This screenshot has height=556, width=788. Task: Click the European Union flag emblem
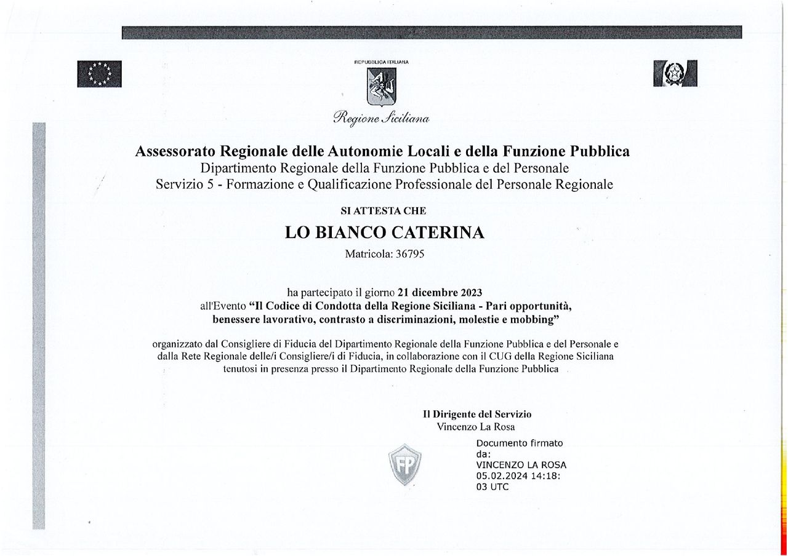(x=99, y=73)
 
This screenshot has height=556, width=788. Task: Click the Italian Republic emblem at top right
(x=675, y=73)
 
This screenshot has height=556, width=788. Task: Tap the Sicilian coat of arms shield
(x=382, y=86)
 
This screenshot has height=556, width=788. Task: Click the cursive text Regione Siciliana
(x=381, y=117)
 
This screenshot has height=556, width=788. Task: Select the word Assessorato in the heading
(x=175, y=151)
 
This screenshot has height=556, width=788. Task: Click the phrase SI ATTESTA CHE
(x=383, y=211)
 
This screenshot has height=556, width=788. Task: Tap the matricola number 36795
(x=410, y=253)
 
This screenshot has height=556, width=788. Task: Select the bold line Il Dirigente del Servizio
(x=477, y=415)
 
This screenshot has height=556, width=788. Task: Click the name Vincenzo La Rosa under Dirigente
(x=476, y=427)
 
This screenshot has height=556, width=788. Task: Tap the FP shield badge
(x=404, y=464)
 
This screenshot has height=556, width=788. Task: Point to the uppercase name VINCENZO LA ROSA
(x=521, y=465)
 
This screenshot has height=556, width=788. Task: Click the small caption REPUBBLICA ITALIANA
(x=382, y=62)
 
